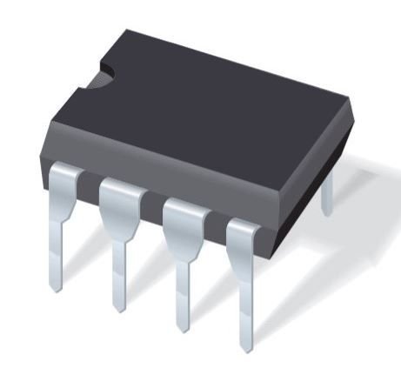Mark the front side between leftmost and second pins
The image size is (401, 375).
(x=91, y=171)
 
